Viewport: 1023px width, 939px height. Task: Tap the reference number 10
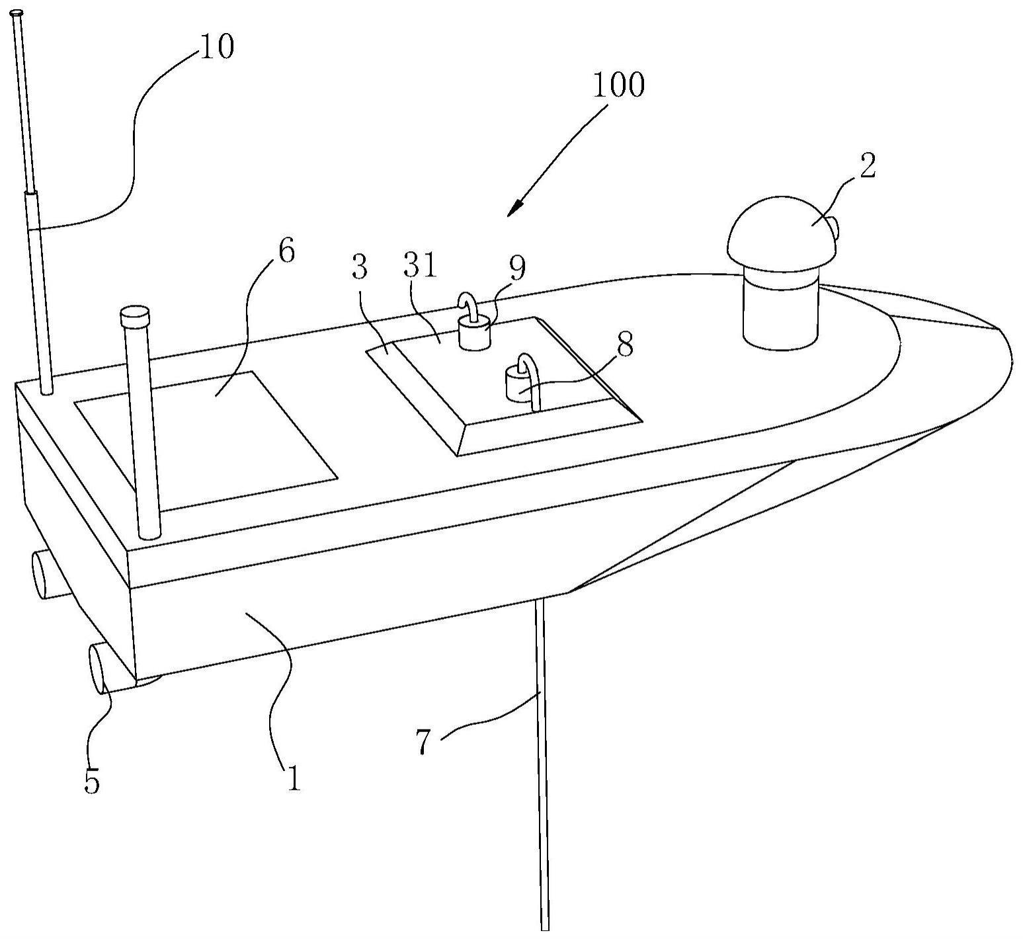(x=216, y=47)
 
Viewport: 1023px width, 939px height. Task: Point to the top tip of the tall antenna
(x=17, y=13)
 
